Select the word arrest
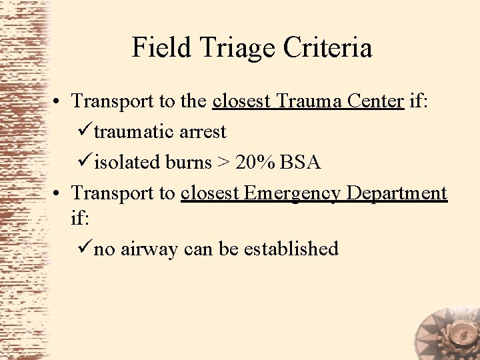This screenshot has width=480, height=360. tap(203, 132)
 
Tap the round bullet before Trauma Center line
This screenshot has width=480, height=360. tap(60, 101)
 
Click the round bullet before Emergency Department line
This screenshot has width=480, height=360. tap(60, 194)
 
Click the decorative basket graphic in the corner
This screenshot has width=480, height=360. tap(446, 331)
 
